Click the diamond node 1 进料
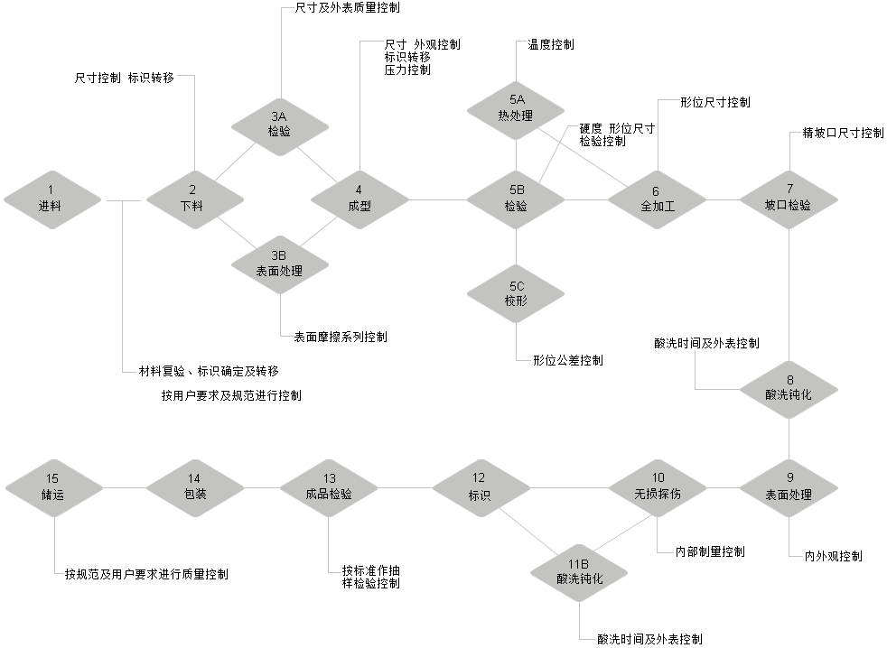tap(52, 199)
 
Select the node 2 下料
tap(195, 199)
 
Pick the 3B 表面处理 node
tap(280, 264)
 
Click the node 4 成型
tap(360, 199)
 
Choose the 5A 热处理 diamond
tap(516, 110)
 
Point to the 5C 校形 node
tap(516, 294)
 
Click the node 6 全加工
tap(658, 199)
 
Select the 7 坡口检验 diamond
tap(789, 199)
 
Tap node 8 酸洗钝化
tap(789, 390)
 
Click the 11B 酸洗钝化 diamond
tap(579, 573)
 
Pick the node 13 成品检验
tap(329, 487)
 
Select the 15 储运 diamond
tap(55, 487)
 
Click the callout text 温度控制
tap(551, 44)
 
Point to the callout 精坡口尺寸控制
tap(843, 133)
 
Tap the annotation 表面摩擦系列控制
tap(341, 337)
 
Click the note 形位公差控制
tap(568, 360)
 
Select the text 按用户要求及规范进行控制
tap(231, 395)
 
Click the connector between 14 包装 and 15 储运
tap(125, 487)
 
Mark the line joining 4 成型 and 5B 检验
tap(438, 199)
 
